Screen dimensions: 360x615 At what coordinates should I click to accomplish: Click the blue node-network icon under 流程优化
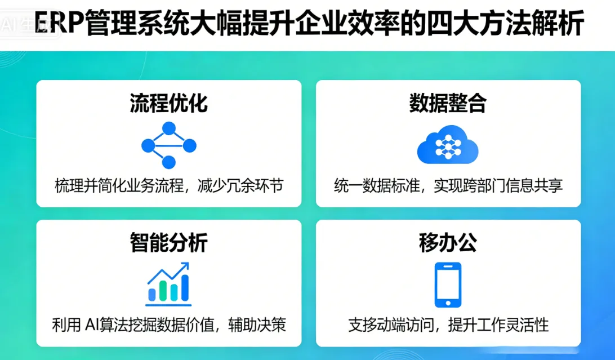pos(168,145)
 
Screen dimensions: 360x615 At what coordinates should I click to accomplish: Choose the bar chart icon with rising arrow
pos(168,285)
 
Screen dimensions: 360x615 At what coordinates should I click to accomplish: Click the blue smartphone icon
pos(448,285)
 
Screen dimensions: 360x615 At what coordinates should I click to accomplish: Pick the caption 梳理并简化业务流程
pos(119,186)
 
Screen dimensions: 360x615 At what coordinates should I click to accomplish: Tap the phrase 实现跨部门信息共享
pos(498,186)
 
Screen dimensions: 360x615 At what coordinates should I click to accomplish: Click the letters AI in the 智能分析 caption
pos(92,325)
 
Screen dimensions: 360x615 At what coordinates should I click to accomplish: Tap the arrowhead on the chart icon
pos(184,267)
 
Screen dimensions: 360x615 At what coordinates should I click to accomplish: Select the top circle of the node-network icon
pos(168,128)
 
